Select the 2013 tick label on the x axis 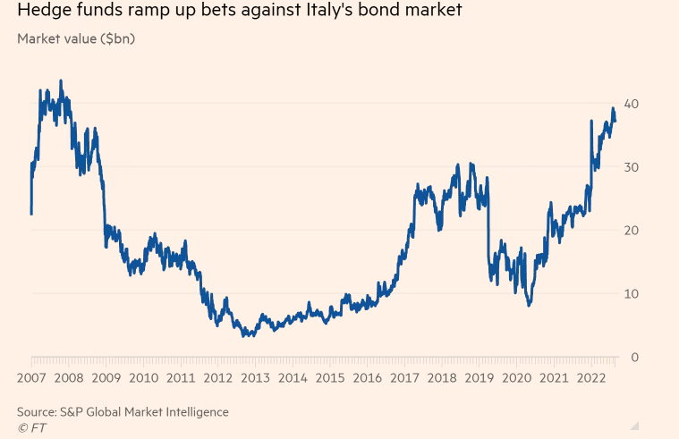click(x=257, y=377)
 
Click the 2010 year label click(x=144, y=377)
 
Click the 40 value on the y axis click(x=632, y=104)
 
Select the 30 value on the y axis click(x=632, y=167)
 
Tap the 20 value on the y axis click(x=632, y=231)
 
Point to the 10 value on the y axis click(x=632, y=294)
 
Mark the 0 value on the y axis click(x=635, y=358)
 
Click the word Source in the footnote click(x=39, y=411)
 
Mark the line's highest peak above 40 click(x=61, y=80)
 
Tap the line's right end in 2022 click(x=615, y=120)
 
